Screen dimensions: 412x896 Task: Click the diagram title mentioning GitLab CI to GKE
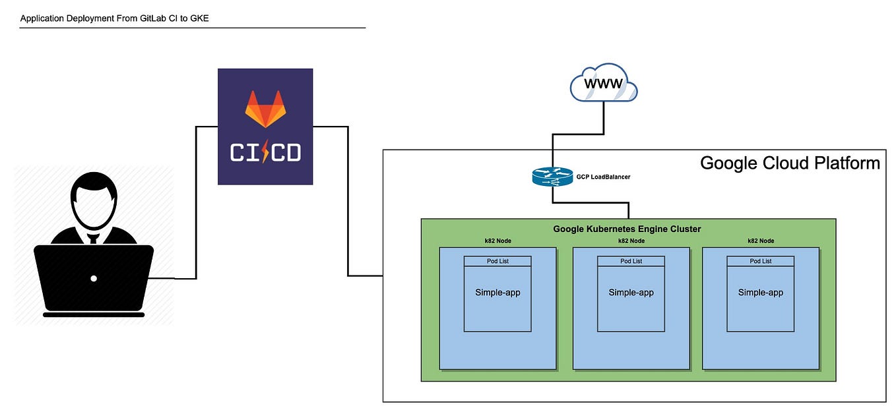[x=115, y=18]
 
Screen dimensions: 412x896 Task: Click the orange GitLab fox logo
[x=265, y=109]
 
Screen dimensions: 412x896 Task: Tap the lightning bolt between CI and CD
[x=265, y=153]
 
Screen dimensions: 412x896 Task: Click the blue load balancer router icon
[x=553, y=177]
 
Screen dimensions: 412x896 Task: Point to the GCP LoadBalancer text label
[x=603, y=177]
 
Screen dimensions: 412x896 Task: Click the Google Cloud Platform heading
[x=789, y=163]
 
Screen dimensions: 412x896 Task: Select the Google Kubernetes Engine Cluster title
[x=627, y=229]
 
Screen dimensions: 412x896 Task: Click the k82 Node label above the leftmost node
[x=497, y=241]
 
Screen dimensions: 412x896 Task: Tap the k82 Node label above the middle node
[x=631, y=241]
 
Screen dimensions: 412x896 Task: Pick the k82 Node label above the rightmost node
[x=760, y=241]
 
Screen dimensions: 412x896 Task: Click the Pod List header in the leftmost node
[x=497, y=261]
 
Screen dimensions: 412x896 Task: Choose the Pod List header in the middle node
[x=631, y=261]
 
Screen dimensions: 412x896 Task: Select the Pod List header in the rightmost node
[x=760, y=261]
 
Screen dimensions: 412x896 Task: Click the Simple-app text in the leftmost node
[x=497, y=292]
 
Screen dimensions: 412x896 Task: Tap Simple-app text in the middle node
[x=631, y=292]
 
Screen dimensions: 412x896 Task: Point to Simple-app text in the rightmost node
[x=760, y=292]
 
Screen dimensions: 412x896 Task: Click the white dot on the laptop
[x=94, y=278]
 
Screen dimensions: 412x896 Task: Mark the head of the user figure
[x=94, y=198]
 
